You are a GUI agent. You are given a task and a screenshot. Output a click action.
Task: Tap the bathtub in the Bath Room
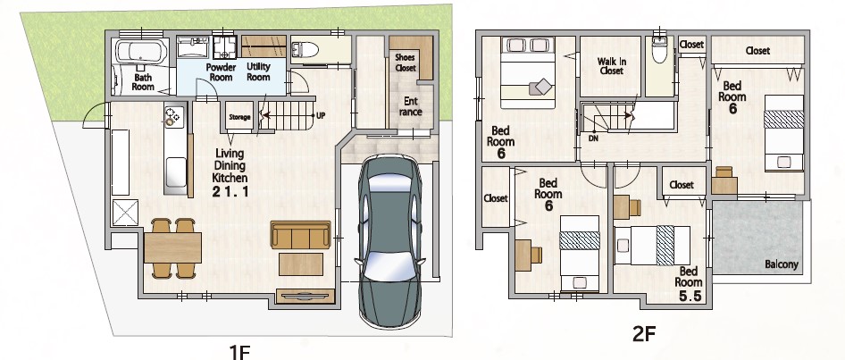click(x=141, y=53)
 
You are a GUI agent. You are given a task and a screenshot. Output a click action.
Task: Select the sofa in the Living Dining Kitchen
click(x=301, y=234)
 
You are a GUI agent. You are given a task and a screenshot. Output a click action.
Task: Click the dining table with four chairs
click(x=172, y=248)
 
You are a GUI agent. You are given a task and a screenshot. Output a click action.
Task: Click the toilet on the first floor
click(x=305, y=50)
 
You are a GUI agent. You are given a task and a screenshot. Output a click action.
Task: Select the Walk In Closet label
click(x=611, y=66)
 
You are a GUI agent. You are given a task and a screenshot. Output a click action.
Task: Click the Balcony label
click(x=782, y=264)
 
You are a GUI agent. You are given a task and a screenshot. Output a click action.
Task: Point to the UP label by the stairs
click(x=321, y=115)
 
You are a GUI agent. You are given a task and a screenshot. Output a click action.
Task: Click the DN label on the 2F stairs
click(x=593, y=138)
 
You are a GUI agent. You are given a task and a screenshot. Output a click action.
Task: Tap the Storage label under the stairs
click(x=239, y=116)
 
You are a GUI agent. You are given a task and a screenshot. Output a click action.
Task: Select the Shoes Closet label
click(x=406, y=63)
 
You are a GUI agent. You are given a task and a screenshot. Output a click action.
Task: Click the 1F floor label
click(x=240, y=353)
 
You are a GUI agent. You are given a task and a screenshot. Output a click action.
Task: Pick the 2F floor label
click(x=644, y=334)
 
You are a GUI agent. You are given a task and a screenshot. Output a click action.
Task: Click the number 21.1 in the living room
click(x=230, y=191)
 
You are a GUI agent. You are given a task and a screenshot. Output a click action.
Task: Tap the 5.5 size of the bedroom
click(x=690, y=296)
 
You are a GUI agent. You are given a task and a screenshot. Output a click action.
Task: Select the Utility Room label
click(x=258, y=71)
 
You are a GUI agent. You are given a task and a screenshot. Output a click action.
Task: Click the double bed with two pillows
click(x=528, y=72)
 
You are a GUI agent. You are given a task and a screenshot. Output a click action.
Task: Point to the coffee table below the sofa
click(x=301, y=264)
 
